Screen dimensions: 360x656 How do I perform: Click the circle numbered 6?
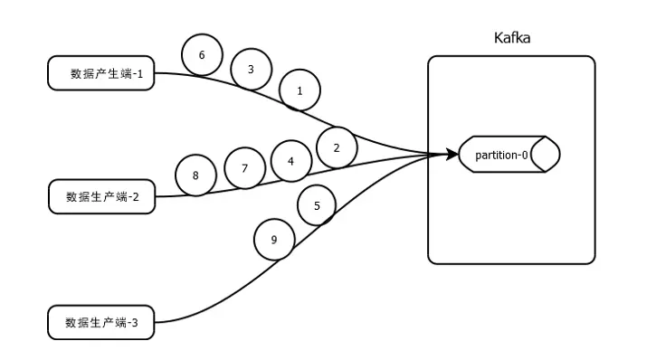click(x=202, y=55)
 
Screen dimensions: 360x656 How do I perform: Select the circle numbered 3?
click(x=251, y=69)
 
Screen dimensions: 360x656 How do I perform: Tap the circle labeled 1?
click(x=299, y=90)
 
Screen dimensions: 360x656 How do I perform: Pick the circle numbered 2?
click(x=337, y=147)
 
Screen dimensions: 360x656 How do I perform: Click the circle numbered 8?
click(x=196, y=175)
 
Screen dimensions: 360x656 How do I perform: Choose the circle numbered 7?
click(x=243, y=168)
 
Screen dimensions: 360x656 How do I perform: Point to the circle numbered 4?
click(x=290, y=161)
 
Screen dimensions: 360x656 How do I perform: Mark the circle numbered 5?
click(x=317, y=206)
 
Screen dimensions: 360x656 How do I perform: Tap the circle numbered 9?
click(x=274, y=240)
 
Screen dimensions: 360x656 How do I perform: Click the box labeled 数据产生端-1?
click(x=101, y=74)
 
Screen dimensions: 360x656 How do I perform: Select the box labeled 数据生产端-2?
click(x=101, y=196)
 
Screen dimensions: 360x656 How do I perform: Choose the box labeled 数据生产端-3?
click(x=101, y=321)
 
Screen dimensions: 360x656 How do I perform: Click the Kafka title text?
click(x=511, y=38)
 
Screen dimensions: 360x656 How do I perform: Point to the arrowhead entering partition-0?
click(x=452, y=155)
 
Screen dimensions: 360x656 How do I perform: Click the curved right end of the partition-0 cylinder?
click(x=547, y=155)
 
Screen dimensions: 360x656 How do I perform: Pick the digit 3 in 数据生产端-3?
click(x=135, y=322)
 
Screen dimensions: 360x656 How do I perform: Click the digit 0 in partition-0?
click(x=525, y=155)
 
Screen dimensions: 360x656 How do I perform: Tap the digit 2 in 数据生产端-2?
click(x=135, y=197)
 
